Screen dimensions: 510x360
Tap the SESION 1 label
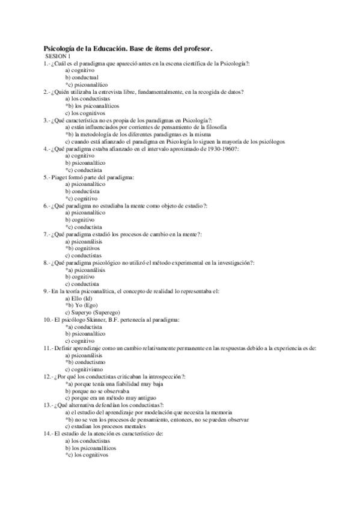click(x=58, y=56)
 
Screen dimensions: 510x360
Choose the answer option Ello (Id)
click(x=82, y=298)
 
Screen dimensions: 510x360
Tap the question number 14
click(x=47, y=434)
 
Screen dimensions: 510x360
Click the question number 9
click(x=46, y=291)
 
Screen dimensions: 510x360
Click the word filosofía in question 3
click(x=215, y=127)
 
